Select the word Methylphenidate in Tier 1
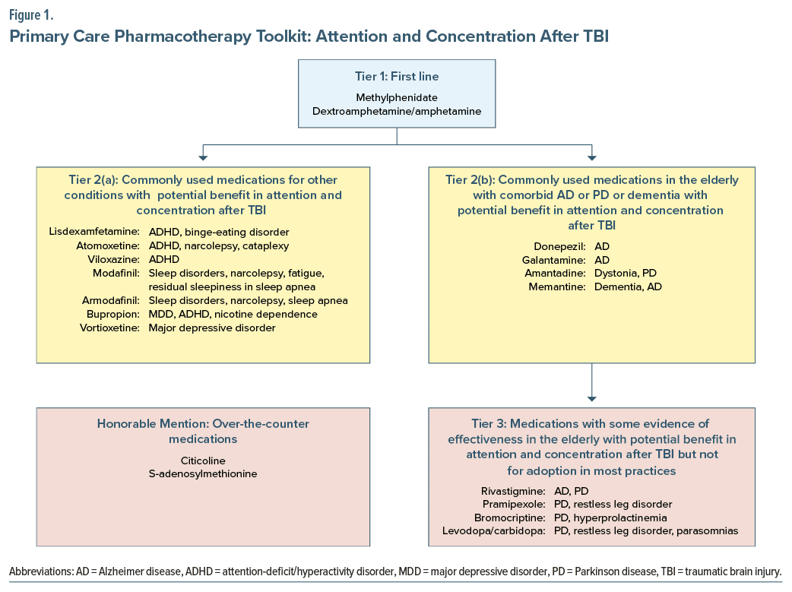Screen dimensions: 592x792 (396, 97)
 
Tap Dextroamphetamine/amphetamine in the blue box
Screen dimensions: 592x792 (396, 111)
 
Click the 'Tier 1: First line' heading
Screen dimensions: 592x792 (396, 77)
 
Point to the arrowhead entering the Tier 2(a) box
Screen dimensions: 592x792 (202, 157)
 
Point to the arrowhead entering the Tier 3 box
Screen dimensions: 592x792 (592, 397)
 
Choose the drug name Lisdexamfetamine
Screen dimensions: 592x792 (97, 232)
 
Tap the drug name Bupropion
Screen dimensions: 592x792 (113, 314)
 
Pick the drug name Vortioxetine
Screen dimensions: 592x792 (111, 328)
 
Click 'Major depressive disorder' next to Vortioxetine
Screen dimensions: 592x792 (212, 328)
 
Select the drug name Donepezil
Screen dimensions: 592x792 (559, 246)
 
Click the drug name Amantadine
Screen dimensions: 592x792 (555, 274)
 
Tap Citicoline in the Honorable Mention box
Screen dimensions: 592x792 (203, 461)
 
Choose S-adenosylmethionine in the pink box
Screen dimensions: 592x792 (203, 474)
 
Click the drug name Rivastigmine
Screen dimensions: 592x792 (513, 490)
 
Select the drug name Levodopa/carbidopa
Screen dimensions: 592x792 (493, 531)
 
